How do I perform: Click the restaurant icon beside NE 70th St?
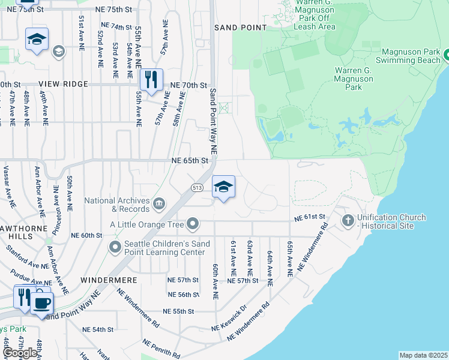[x=151, y=80]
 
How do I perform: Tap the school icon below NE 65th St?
[x=223, y=187]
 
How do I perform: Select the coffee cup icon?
[x=41, y=302]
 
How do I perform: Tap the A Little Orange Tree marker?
[x=193, y=224]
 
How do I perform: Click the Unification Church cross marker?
[x=348, y=221]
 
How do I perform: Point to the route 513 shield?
[x=197, y=187]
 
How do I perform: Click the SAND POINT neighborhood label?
[x=240, y=28]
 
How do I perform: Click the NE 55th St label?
[x=178, y=312]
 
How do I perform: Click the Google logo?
[x=20, y=352]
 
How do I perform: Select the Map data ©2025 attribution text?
[x=423, y=355]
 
